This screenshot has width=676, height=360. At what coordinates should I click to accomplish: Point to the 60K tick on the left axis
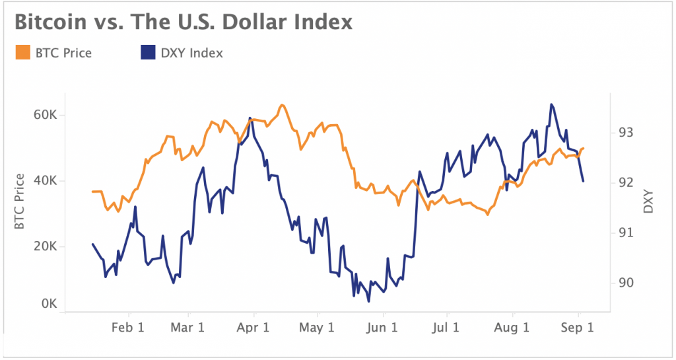click(45, 115)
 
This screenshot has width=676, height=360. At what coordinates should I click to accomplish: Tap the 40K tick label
click(45, 180)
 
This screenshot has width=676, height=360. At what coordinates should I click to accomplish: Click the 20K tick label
click(45, 246)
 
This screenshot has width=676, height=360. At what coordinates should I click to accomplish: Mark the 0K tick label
click(48, 305)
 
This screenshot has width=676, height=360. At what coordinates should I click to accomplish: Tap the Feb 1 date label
click(127, 327)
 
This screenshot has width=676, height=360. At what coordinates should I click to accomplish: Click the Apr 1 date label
click(253, 327)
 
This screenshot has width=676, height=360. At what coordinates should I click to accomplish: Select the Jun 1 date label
click(382, 327)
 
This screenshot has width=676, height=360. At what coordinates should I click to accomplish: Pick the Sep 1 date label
click(577, 327)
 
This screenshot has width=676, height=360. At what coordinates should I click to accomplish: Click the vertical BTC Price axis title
click(19, 201)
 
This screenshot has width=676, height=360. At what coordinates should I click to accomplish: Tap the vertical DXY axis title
click(648, 201)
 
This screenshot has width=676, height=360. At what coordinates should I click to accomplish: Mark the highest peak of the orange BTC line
click(282, 105)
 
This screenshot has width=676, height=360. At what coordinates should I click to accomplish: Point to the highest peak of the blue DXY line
click(551, 104)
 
